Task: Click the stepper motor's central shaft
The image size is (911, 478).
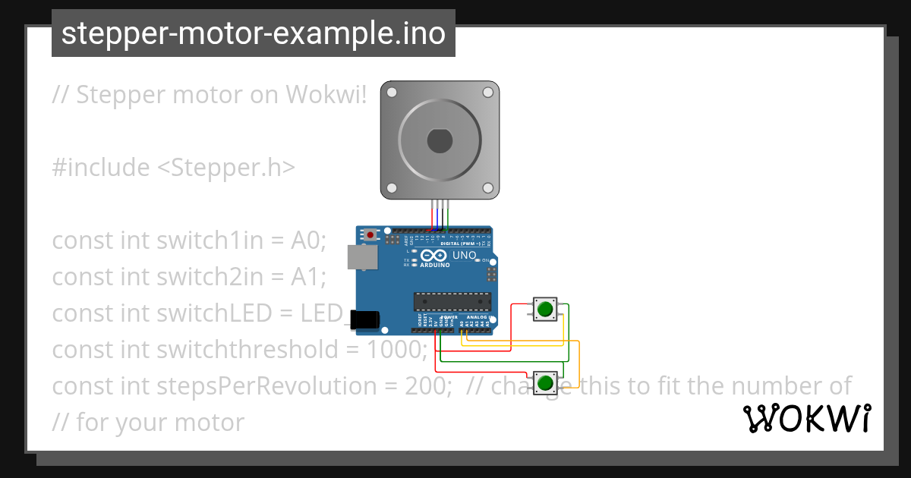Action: click(x=440, y=141)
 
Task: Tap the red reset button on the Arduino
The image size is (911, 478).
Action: click(x=370, y=235)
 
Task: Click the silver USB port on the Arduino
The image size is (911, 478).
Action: click(x=361, y=257)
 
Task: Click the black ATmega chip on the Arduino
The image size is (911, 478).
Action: click(x=451, y=301)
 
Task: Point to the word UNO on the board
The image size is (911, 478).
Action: click(x=464, y=256)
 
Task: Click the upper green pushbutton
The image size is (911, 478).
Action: click(x=544, y=309)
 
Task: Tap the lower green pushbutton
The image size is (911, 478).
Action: click(x=544, y=382)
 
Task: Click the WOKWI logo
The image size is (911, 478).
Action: click(x=807, y=418)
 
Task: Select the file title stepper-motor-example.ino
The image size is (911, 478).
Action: click(x=254, y=33)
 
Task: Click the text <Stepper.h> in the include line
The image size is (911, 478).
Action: click(x=225, y=168)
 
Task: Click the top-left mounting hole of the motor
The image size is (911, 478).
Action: click(x=392, y=93)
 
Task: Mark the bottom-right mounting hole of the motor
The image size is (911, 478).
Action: click(x=487, y=188)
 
